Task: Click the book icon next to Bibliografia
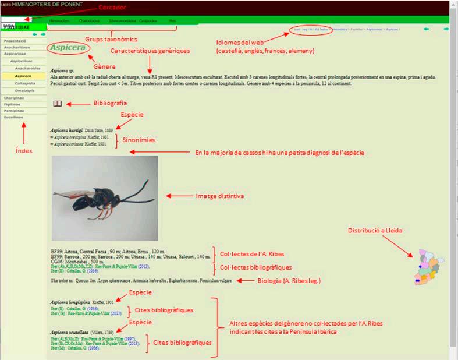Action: [x=58, y=104]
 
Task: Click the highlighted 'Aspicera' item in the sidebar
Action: [x=23, y=76]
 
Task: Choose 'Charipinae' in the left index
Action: [x=14, y=98]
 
